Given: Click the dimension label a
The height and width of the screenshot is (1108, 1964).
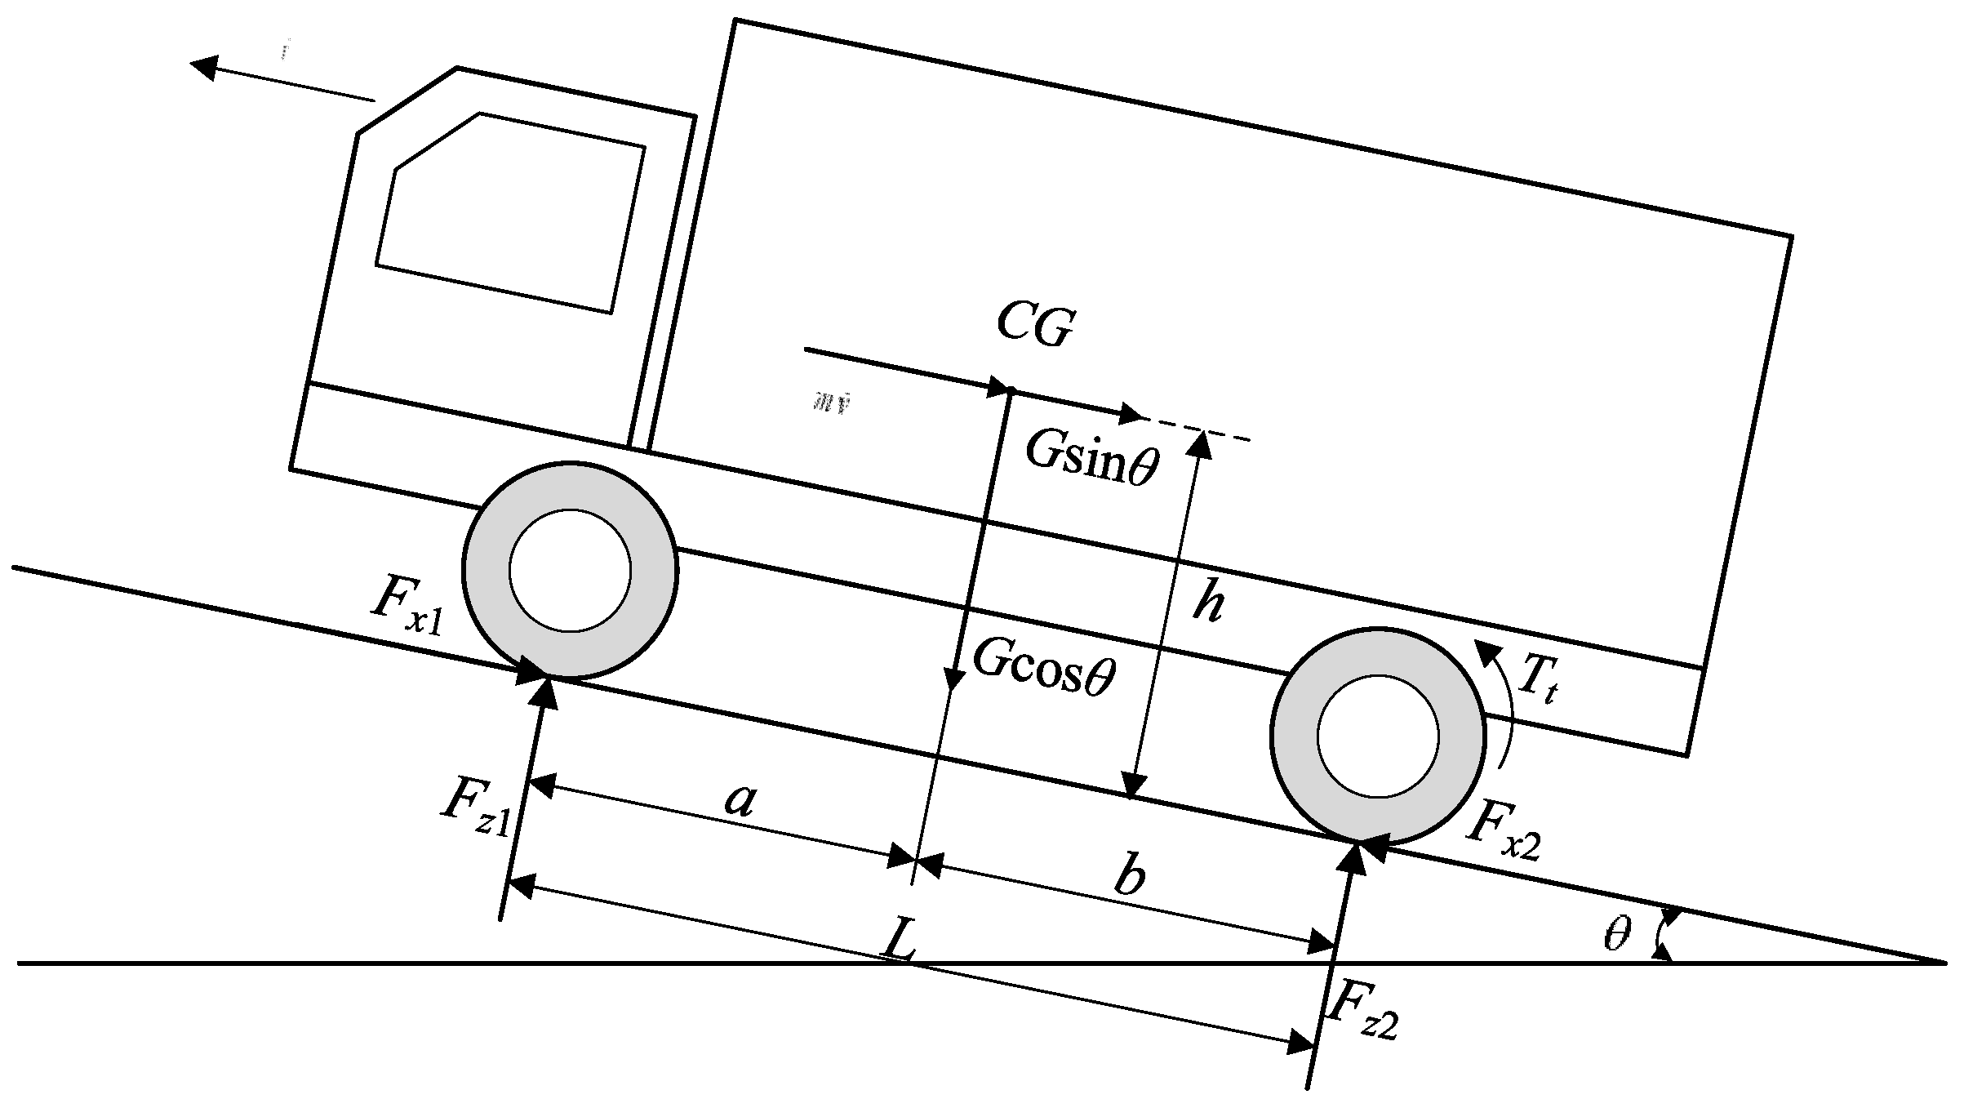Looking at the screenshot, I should pyautogui.click(x=740, y=800).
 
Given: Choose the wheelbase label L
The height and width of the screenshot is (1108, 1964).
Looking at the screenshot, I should pyautogui.click(x=900, y=944).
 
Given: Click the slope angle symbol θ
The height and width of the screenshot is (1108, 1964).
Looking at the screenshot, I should pyautogui.click(x=1616, y=934).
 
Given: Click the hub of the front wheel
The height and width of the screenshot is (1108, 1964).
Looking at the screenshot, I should pyautogui.click(x=570, y=570).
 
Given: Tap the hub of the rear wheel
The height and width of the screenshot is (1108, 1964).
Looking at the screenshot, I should pyautogui.click(x=1378, y=736).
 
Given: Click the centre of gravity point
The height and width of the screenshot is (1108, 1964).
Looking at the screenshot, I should pyautogui.click(x=1009, y=391).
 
